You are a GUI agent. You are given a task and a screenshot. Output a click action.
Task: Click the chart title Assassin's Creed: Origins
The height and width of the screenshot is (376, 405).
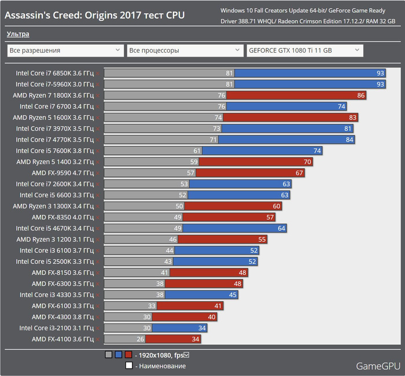[95, 15]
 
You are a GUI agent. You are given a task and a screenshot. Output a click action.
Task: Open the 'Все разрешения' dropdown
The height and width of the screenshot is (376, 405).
[64, 51]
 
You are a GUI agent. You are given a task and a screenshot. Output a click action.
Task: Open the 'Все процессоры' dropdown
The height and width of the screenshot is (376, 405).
[185, 51]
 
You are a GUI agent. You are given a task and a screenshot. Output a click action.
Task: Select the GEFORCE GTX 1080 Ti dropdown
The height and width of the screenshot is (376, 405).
[304, 51]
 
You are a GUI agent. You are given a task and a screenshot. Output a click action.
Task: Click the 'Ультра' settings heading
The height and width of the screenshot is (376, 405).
[18, 35]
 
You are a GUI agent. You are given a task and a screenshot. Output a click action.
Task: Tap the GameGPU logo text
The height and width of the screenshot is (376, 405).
[377, 366]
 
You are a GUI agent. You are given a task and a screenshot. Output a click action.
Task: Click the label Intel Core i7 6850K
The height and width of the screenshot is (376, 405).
[54, 73]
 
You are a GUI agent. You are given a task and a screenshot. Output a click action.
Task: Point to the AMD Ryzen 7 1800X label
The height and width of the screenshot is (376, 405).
[53, 95]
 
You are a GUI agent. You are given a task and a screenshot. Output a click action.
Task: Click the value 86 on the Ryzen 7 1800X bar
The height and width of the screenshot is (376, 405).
[361, 95]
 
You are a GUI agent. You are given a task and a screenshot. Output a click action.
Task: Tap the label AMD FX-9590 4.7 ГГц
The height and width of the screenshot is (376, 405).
[62, 173]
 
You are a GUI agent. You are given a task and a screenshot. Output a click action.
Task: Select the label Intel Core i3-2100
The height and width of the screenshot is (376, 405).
[56, 328]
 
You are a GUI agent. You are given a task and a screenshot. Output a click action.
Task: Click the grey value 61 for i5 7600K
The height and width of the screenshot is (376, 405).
[197, 151]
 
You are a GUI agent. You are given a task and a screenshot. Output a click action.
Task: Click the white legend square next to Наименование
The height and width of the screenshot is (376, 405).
[128, 366]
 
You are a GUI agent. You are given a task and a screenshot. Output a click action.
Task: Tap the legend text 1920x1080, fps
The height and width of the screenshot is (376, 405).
[165, 355]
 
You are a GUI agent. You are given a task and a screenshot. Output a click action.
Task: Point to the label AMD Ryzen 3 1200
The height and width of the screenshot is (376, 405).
[55, 239]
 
